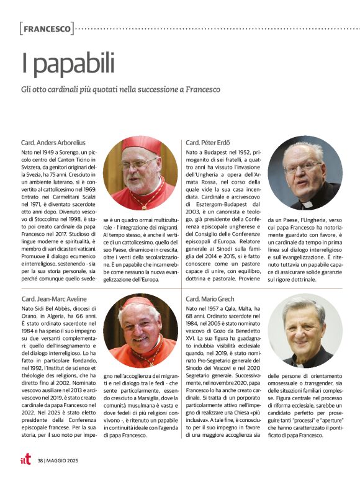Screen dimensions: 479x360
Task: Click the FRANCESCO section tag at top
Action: point(47,29)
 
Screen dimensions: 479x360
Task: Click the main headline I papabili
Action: point(68,63)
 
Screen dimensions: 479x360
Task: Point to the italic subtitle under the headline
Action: point(121,90)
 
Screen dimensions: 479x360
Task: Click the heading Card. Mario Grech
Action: point(214,299)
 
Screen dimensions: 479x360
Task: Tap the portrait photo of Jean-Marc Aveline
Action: point(140,331)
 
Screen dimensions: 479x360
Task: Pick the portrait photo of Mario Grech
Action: point(304,330)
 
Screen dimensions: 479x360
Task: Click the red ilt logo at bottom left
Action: point(25,459)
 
